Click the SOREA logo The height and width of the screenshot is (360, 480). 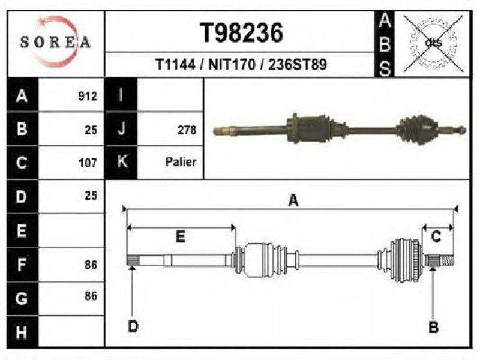55,42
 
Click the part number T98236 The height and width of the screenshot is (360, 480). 241,33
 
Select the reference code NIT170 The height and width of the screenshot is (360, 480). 232,65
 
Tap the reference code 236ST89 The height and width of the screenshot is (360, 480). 298,65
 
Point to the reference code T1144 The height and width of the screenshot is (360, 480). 175,65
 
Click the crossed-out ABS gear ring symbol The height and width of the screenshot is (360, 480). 433,43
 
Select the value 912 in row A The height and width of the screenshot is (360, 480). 88,96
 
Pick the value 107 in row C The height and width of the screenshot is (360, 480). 88,163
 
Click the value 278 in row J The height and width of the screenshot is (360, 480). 187,130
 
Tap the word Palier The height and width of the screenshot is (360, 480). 181,161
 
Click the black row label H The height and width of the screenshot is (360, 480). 22,332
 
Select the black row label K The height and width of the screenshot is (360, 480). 122,161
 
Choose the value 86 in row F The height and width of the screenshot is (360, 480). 91,265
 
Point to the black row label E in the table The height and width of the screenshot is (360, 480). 22,230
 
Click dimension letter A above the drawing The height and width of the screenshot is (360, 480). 293,201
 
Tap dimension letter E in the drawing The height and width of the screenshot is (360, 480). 181,237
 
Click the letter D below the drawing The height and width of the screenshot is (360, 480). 133,326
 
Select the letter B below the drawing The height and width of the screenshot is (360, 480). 433,327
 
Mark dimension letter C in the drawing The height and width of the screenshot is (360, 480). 436,236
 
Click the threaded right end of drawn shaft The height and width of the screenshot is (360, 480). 447,260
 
